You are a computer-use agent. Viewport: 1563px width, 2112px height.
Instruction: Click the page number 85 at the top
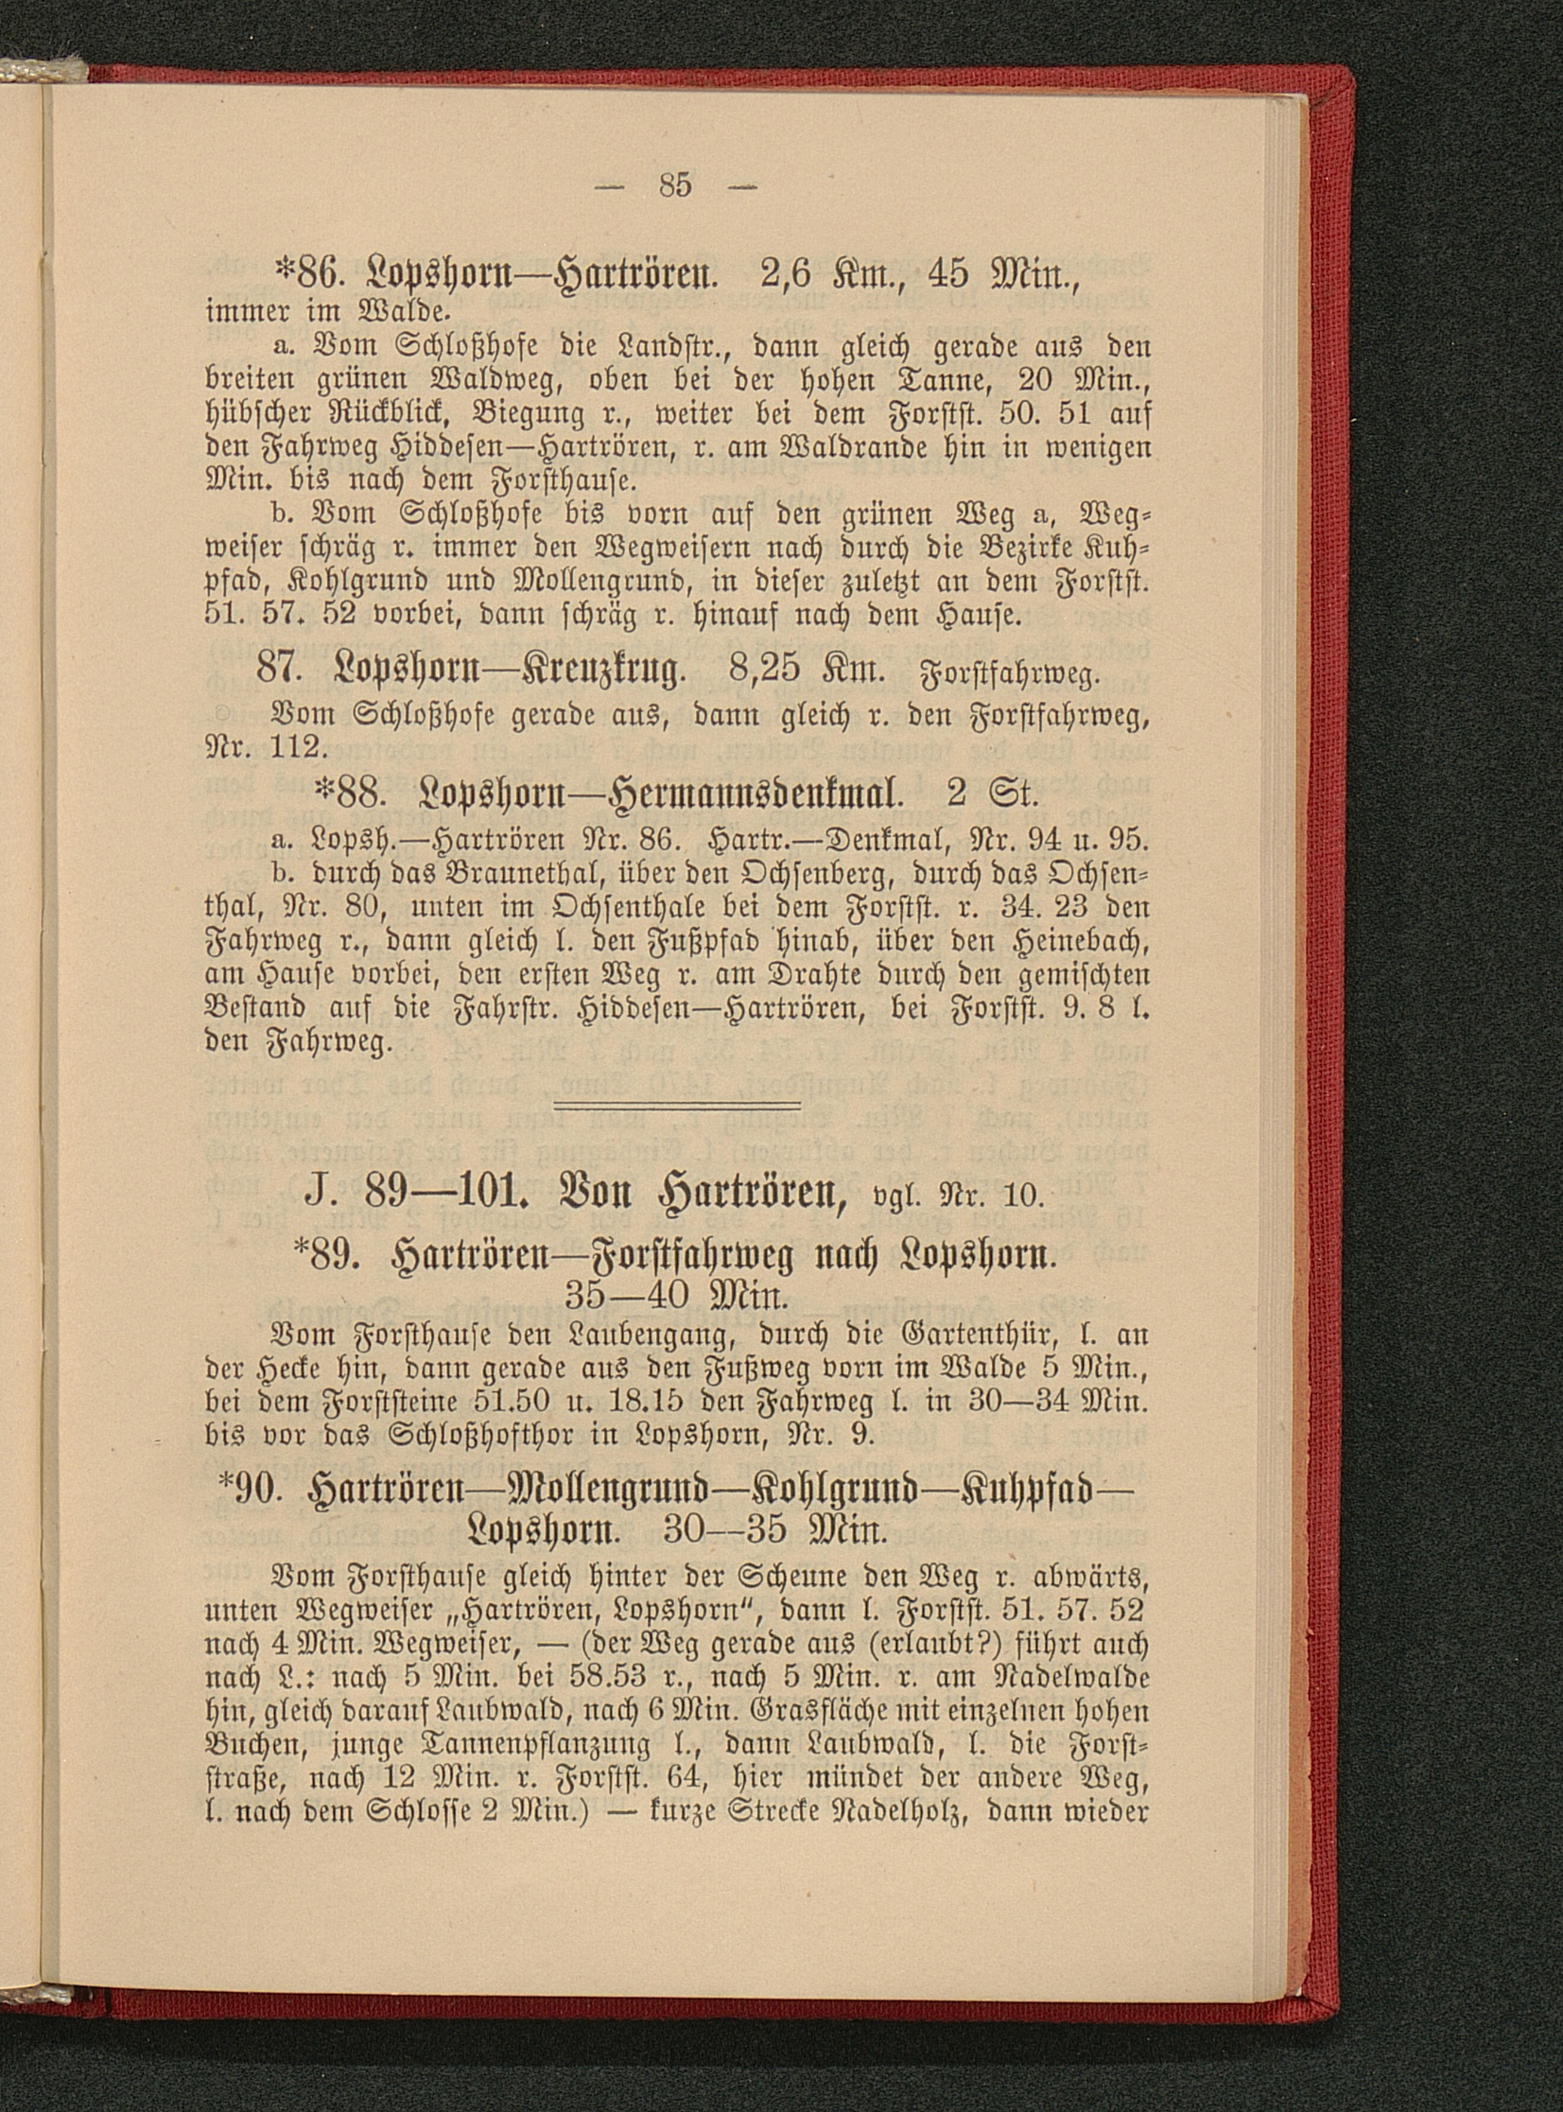coord(677,185)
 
